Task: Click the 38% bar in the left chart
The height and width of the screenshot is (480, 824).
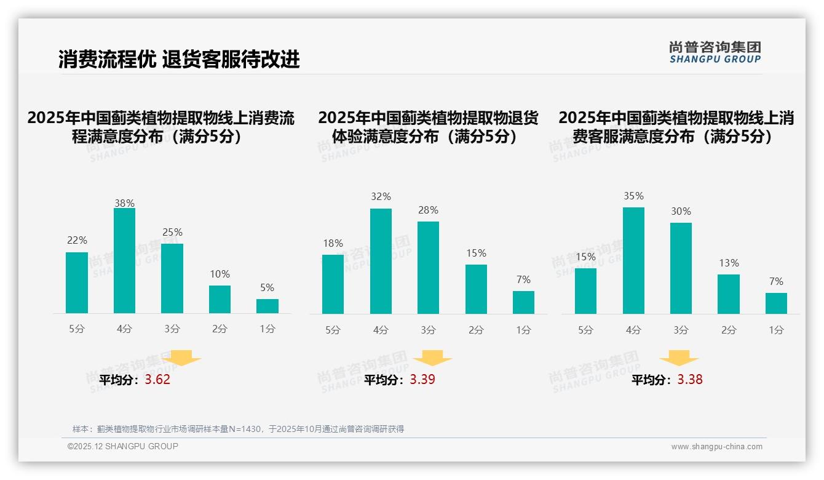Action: pos(124,261)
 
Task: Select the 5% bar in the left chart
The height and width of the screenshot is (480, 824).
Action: pos(267,306)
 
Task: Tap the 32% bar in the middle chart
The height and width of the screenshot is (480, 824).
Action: pos(381,261)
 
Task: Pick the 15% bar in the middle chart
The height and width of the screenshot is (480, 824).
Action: pos(476,289)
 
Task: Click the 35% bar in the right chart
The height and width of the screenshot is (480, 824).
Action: pos(633,260)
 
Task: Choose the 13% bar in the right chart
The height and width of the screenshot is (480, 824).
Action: pos(729,294)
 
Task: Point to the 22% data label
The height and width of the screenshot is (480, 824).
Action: pos(77,240)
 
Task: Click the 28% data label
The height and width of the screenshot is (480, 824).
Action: pos(428,210)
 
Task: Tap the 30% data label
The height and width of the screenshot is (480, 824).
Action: pos(681,211)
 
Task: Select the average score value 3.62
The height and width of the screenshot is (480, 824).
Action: pos(157,380)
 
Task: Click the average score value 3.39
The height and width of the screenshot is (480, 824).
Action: pos(422,380)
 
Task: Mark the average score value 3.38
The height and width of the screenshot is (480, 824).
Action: pos(690,380)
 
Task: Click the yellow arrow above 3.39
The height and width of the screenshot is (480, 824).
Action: pos(432,358)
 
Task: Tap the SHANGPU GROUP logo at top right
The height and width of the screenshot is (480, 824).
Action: pos(715,52)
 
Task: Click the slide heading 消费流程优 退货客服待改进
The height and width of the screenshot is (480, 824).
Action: pos(179,59)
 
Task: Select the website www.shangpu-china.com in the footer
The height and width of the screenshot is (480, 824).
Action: pos(716,447)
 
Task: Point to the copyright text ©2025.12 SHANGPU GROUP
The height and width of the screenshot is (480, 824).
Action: pos(123,446)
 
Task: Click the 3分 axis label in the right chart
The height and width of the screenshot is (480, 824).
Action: pos(681,330)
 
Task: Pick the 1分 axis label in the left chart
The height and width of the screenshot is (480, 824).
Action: pos(267,329)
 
